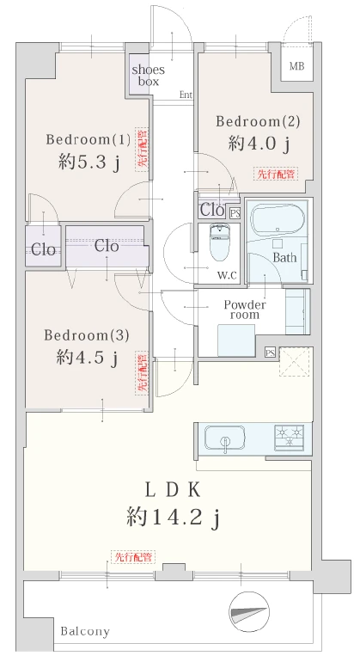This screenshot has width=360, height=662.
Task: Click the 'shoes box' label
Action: pos(148,76)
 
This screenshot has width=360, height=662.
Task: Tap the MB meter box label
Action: pos(296,66)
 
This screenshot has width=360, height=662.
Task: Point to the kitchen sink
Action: pos(224,438)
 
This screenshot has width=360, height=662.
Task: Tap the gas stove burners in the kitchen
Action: pos(290,436)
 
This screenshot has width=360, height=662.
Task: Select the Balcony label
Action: pos(85,632)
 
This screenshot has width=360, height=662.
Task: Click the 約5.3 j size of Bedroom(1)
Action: pos(88,162)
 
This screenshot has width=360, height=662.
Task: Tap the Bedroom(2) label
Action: pos(258,121)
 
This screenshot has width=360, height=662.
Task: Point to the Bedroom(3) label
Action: pos(87,335)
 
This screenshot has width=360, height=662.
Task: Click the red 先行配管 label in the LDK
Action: pos(133,557)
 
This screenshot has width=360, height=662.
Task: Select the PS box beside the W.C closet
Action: pos(235,213)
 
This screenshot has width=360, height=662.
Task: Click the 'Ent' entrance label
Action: pos(186,95)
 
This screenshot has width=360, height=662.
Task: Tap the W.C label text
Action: pos(228,276)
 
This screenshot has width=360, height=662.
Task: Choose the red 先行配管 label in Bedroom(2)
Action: pos(276,173)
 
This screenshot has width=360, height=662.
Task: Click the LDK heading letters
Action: pos(172,490)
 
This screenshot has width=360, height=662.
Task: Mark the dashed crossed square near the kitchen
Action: pos(296,361)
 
